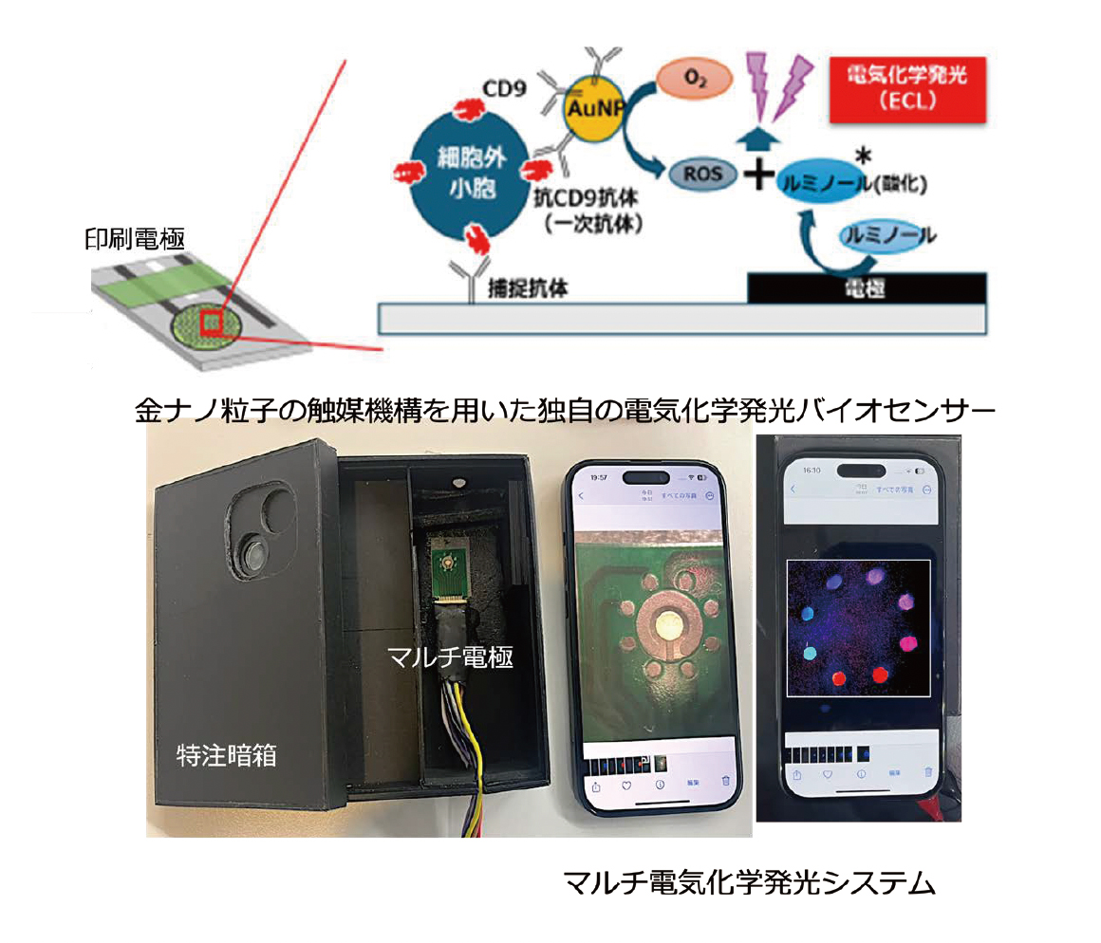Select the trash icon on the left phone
(x=725, y=783)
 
